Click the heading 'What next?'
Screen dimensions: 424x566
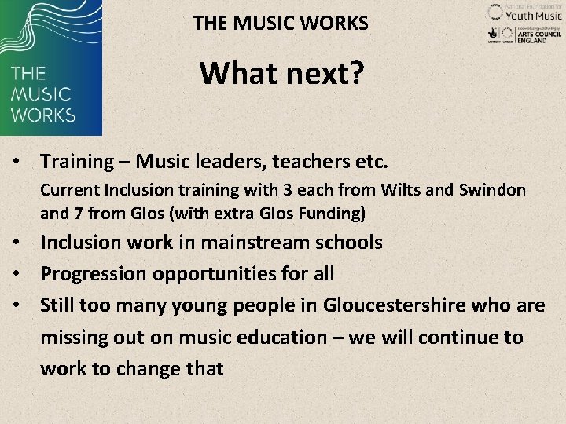click(x=281, y=73)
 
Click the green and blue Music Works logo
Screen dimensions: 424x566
click(x=51, y=68)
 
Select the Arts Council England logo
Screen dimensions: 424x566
click(x=524, y=35)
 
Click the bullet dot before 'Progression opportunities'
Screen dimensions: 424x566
click(x=16, y=274)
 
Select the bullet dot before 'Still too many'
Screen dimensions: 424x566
click(x=16, y=305)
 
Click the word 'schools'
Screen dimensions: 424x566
click(x=345, y=242)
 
